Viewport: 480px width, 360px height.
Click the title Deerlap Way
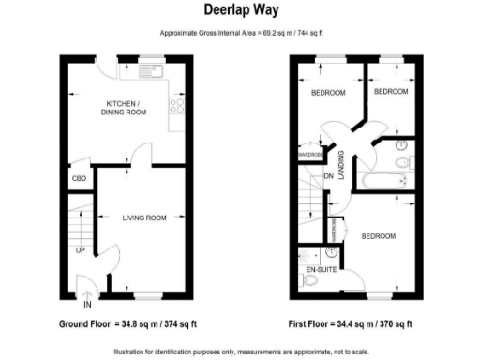coord(240,10)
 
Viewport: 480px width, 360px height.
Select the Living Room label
coord(143,217)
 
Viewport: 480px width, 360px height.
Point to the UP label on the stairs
coord(81,250)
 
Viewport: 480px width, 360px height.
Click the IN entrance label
coord(87,305)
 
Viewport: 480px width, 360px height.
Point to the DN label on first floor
coord(329,176)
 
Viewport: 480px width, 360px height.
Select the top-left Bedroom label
coord(327,93)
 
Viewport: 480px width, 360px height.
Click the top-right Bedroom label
coord(391,92)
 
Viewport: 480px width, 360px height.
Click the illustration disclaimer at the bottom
coord(240,351)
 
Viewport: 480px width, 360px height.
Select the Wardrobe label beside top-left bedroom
coord(310,154)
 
